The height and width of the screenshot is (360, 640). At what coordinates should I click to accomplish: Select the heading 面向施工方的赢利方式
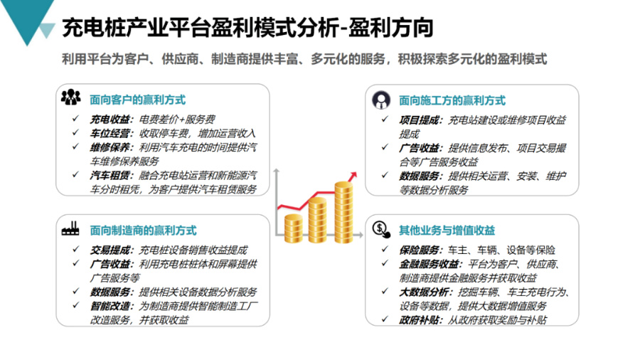coord(452,100)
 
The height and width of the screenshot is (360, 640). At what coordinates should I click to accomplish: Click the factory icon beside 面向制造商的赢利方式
coord(70,229)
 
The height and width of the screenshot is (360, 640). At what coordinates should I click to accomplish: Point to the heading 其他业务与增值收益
coord(446,230)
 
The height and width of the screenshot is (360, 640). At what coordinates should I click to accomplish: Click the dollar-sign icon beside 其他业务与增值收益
coord(381,229)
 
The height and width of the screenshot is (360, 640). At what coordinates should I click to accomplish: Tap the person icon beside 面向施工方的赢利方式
coord(381,100)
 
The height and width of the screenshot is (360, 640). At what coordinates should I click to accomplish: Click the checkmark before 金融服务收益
coord(385,264)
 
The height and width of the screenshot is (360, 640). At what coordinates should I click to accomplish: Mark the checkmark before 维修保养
coord(75,147)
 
